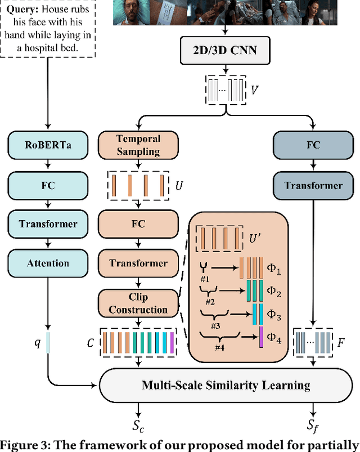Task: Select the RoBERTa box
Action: (x=48, y=145)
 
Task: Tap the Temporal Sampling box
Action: (x=138, y=145)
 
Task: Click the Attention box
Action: (x=48, y=263)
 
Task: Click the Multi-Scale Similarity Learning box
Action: (x=226, y=385)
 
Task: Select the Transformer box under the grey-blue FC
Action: (x=313, y=185)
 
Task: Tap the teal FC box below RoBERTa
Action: (x=48, y=185)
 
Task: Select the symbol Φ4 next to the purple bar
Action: (x=274, y=339)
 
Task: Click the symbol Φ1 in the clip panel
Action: (x=274, y=270)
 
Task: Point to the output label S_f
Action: (x=313, y=429)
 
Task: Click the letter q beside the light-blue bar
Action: (x=38, y=343)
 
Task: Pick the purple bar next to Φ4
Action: (x=261, y=337)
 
